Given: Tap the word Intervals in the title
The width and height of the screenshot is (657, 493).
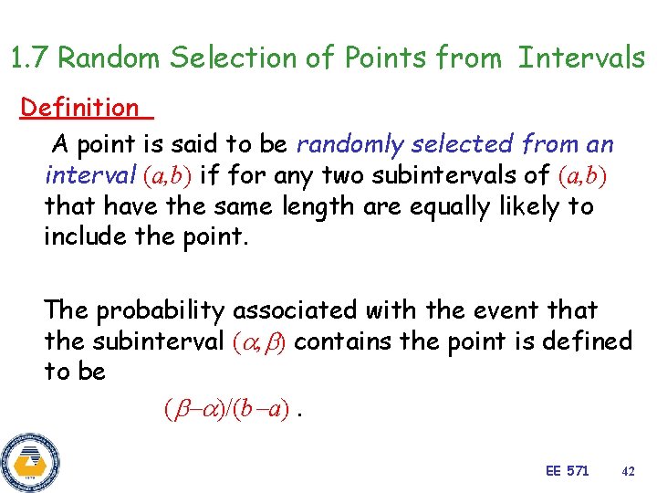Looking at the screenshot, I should coord(581,59).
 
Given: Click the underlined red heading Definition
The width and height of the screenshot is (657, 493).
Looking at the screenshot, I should coord(79,108).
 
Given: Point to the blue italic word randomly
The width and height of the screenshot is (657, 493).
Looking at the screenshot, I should coord(351,144).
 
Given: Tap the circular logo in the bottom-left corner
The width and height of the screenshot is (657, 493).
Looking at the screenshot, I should coord(30,459).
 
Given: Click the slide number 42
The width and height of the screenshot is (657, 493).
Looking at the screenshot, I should coord(627,471).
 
